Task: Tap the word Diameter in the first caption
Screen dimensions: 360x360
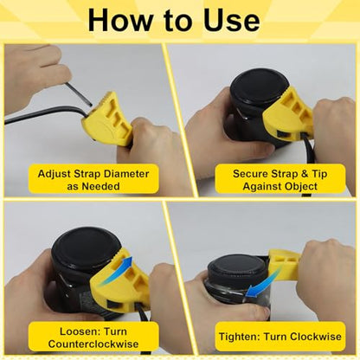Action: (126, 174)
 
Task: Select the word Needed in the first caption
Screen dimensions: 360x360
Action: (101, 186)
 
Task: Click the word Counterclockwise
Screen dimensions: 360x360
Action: (93, 344)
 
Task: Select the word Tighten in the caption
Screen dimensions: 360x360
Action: (239, 337)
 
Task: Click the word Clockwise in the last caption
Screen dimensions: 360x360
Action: (316, 337)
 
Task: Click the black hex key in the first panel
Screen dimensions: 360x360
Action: (77, 93)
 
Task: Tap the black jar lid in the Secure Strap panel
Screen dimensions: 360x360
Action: (260, 87)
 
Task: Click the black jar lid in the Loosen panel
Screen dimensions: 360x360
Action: (87, 249)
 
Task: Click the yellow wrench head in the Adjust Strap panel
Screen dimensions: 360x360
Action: (107, 121)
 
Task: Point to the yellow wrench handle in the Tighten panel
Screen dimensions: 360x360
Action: (284, 263)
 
